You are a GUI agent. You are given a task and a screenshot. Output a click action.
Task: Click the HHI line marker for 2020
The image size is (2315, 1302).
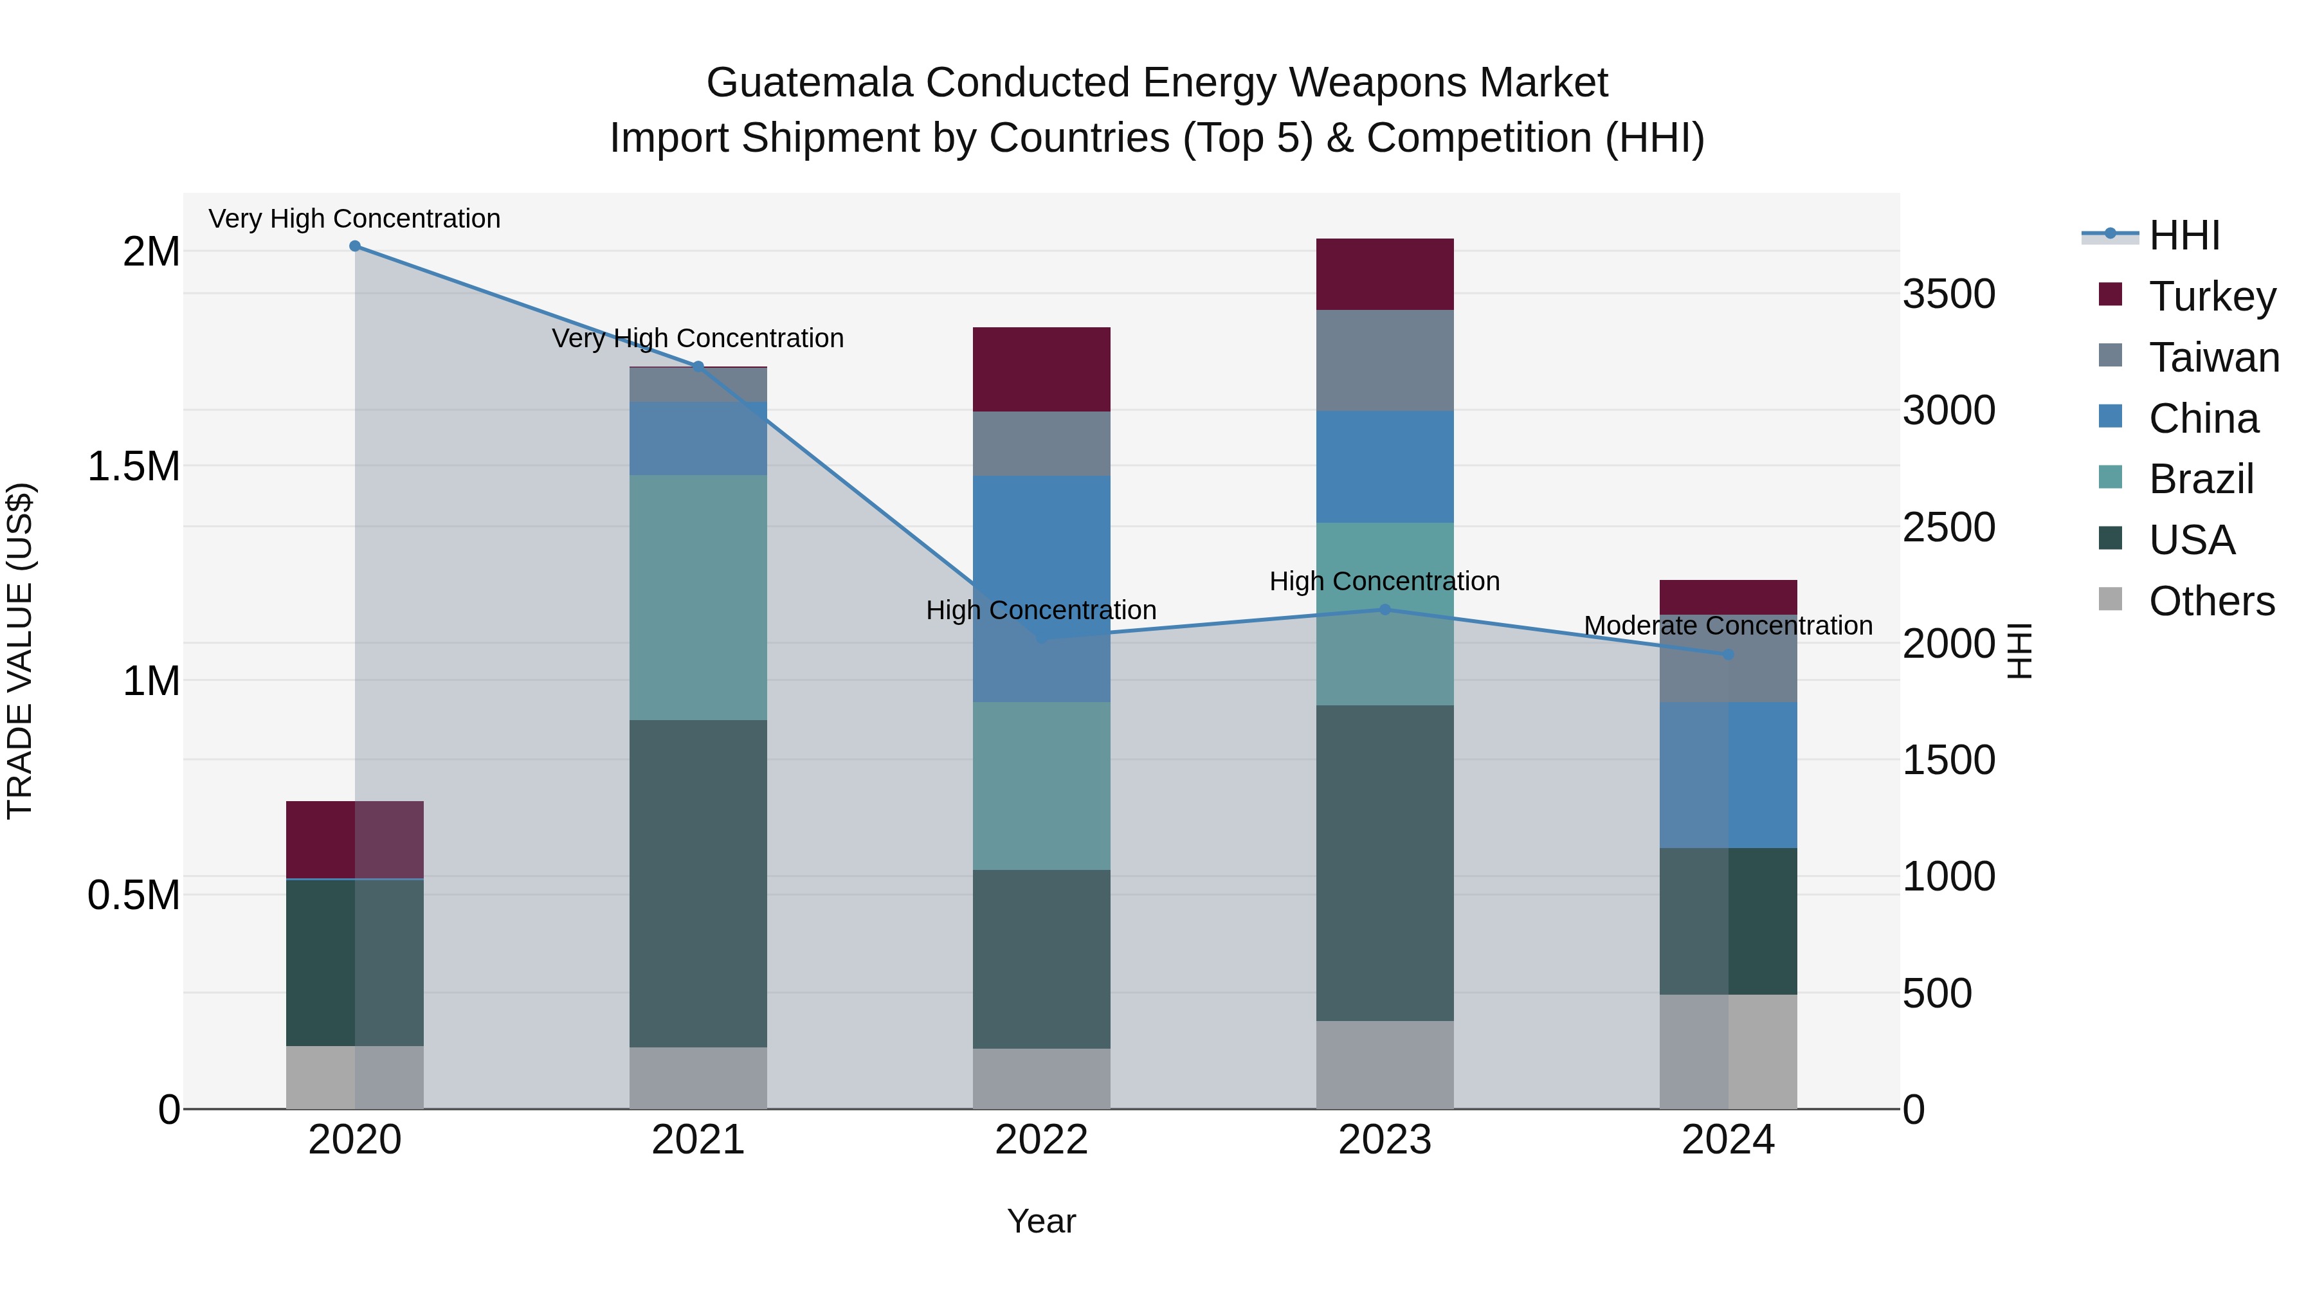[x=355, y=246]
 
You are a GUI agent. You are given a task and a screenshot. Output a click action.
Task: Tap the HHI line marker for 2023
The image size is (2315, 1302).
[x=1385, y=610]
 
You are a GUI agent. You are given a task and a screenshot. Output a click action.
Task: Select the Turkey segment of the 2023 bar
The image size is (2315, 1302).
[x=1385, y=274]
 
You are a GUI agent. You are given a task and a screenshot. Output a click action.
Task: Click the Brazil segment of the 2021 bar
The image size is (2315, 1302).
[x=698, y=597]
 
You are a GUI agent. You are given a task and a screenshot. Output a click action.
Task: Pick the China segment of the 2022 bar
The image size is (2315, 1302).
[x=1042, y=588]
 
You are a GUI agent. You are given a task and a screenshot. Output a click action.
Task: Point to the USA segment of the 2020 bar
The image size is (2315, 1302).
[x=355, y=963]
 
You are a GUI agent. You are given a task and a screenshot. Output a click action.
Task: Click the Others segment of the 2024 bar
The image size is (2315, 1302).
[x=1728, y=1051]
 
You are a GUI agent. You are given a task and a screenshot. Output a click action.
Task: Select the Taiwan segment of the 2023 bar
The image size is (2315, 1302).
[x=1385, y=360]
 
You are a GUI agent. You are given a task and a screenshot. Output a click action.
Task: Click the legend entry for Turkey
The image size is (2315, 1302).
[x=2211, y=296]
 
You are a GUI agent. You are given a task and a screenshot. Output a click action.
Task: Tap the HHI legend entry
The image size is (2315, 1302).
[x=2184, y=235]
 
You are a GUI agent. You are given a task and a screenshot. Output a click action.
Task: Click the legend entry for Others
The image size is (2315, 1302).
[x=2211, y=601]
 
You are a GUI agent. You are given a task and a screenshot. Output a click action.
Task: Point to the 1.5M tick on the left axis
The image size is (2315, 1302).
[x=134, y=466]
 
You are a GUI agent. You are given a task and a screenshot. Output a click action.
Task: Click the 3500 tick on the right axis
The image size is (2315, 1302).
[x=1948, y=294]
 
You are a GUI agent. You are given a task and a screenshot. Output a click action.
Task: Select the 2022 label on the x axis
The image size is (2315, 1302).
[x=1042, y=1140]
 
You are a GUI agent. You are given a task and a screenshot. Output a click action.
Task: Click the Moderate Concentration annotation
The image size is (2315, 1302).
[x=1728, y=626]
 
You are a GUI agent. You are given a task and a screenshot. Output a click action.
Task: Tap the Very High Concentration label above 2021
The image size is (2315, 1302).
[x=698, y=339]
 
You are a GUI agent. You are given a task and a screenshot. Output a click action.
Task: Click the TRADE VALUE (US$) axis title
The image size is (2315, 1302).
[x=20, y=651]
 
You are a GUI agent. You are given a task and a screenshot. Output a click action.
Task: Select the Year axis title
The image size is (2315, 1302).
[x=1042, y=1221]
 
